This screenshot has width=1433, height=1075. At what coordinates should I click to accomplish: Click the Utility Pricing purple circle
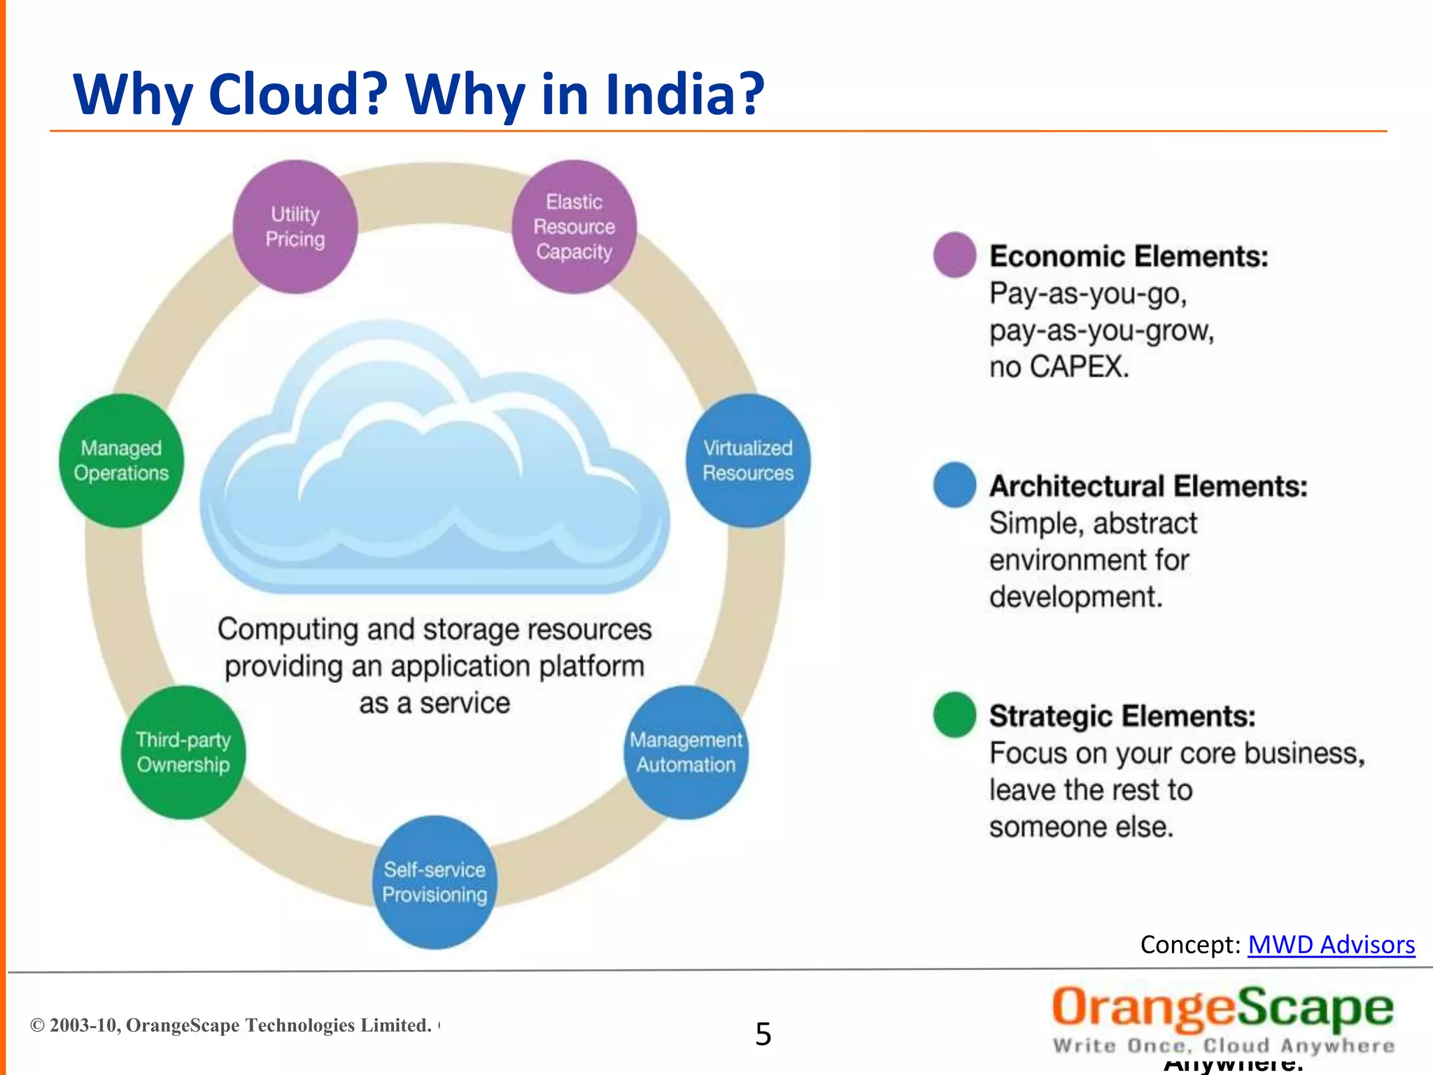tap(295, 226)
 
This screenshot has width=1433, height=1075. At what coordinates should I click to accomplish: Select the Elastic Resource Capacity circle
tap(574, 226)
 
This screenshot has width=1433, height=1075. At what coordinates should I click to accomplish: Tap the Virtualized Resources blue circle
tap(748, 460)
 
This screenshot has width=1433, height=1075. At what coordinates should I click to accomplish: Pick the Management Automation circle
tap(686, 752)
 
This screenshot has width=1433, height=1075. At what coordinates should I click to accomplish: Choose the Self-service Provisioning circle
tap(435, 882)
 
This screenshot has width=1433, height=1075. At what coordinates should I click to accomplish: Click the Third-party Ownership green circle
tap(183, 752)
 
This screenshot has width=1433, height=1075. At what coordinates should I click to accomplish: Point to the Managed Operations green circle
tap(121, 460)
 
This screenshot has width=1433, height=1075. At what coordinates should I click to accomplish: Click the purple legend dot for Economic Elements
tap(954, 254)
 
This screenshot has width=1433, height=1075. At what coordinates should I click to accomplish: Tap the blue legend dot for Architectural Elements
tap(954, 484)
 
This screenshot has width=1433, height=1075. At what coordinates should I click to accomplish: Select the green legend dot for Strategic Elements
tap(954, 715)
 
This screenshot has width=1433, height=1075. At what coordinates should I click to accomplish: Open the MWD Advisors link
tap(1331, 945)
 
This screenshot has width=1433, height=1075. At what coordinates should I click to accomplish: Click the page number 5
tap(763, 1034)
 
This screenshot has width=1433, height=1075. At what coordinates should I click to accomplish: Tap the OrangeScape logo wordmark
tap(1222, 1009)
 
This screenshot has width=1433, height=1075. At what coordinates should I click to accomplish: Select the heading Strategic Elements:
tap(1122, 716)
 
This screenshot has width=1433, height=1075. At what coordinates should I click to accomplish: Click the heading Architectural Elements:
tap(1148, 486)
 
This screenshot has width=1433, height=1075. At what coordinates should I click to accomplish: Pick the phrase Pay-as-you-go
tap(1087, 293)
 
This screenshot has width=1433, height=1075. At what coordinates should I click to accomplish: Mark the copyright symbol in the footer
tap(37, 1025)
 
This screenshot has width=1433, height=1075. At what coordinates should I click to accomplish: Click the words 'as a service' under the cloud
tap(435, 703)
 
